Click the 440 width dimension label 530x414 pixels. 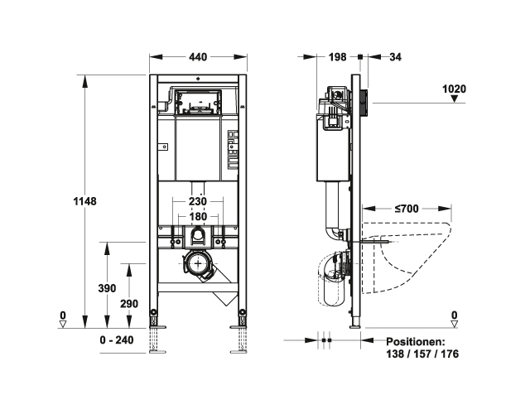pos(198,57)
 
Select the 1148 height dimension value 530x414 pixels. pos(84,201)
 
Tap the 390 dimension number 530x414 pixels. pos(107,288)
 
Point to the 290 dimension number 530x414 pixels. pos(129,304)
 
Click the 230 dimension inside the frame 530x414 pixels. pos(197,201)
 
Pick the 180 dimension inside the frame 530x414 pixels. pos(198,216)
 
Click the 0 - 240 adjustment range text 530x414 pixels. pos(117,339)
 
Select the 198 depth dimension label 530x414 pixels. pos(338,57)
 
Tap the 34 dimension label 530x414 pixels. pos(395,57)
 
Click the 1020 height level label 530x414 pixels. pos(455,89)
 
